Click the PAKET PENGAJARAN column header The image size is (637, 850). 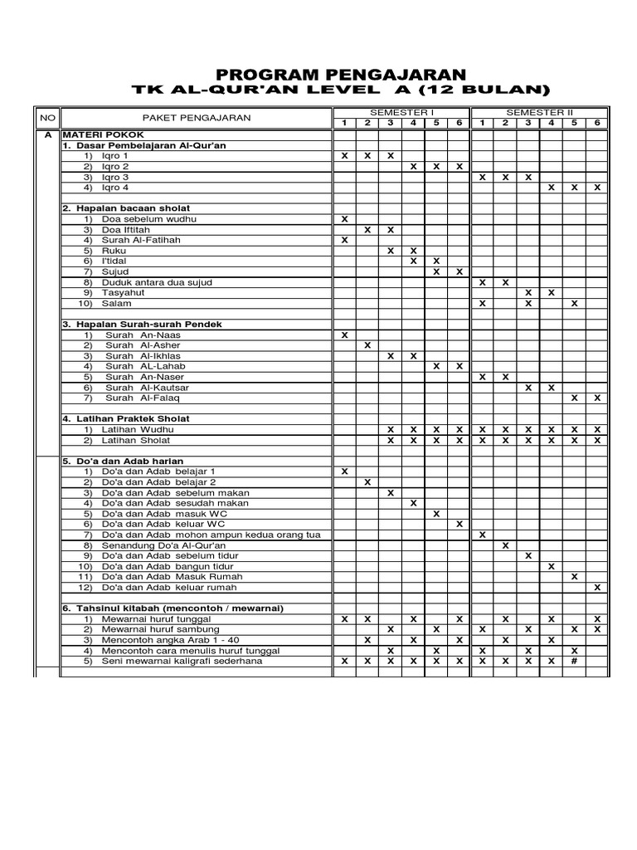(196, 118)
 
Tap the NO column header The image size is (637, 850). (46, 118)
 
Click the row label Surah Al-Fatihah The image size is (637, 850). (140, 240)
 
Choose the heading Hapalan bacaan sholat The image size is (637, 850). (126, 208)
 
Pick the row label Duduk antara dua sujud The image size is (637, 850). (157, 282)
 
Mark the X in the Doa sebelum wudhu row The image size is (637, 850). (345, 219)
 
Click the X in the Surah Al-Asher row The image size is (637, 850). (367, 345)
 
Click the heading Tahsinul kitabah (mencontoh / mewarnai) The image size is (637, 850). (172, 608)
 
